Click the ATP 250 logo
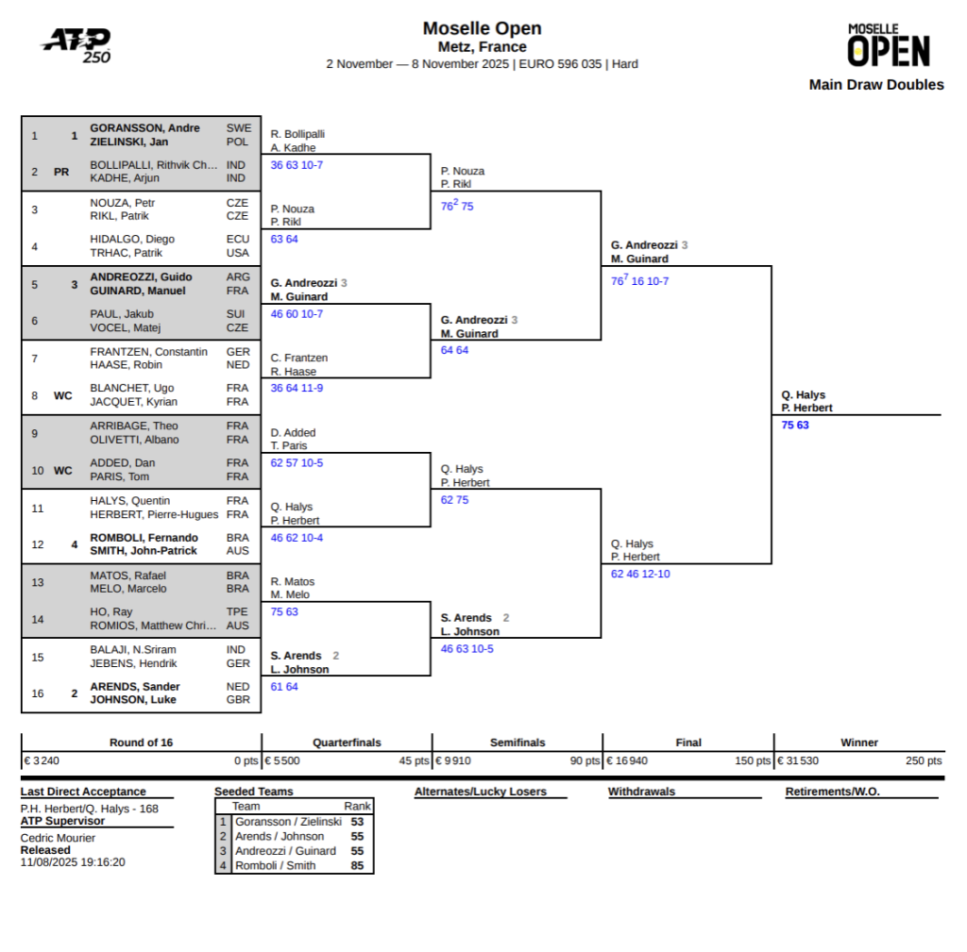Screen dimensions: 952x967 [x=76, y=44]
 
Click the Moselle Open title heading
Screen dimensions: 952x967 [x=482, y=28]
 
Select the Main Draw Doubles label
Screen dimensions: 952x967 [x=875, y=85]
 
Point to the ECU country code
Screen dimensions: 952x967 [x=237, y=240]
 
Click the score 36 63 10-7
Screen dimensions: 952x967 [x=297, y=165]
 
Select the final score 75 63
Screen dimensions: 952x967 [x=795, y=426]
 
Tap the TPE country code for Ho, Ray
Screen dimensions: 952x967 [x=237, y=612]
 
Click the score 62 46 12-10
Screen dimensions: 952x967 [x=640, y=574]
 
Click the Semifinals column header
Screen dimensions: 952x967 [x=517, y=743]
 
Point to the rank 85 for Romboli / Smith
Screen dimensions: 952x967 [x=357, y=865]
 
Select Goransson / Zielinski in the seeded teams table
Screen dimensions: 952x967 [x=288, y=822]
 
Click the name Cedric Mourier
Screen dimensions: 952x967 [x=58, y=838]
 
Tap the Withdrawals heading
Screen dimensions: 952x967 [x=641, y=792]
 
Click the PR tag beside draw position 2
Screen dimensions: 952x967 [x=61, y=173]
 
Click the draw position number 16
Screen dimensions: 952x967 [x=38, y=693]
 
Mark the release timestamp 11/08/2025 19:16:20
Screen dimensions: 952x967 [x=73, y=861]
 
